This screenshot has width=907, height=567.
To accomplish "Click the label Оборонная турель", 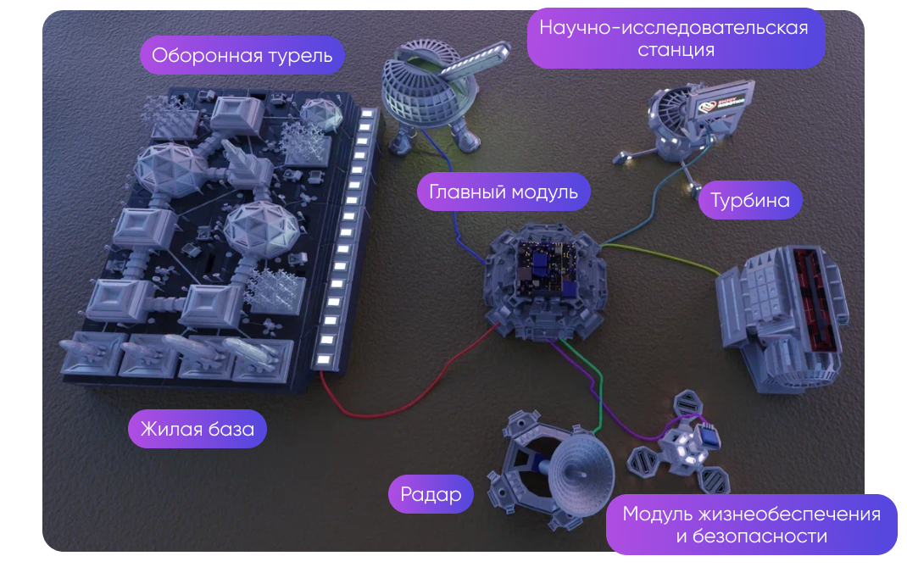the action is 242,58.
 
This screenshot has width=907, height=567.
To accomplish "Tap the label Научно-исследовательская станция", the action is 674,38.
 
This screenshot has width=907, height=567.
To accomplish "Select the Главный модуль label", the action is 504,192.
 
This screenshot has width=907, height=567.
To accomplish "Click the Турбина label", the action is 750,200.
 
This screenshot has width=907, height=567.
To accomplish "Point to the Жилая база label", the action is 198,429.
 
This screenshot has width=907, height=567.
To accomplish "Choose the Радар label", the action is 431,494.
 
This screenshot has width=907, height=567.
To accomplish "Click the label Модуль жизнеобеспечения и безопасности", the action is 751,525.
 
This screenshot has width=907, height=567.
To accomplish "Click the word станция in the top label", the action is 676,50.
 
